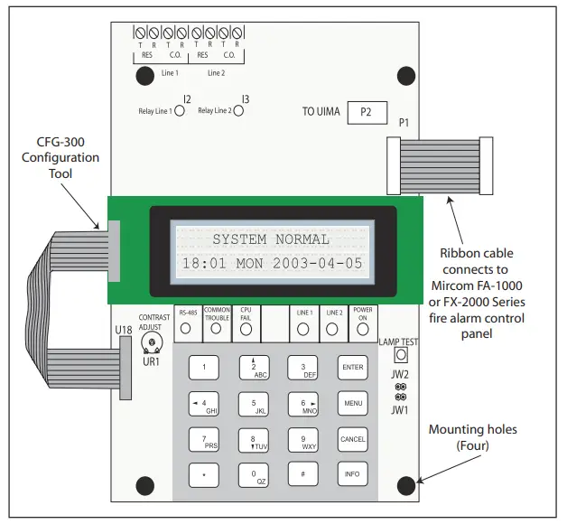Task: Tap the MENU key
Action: click(x=352, y=403)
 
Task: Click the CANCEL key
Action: click(x=352, y=439)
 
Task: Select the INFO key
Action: click(x=352, y=473)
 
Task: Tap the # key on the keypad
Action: click(x=302, y=473)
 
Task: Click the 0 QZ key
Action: click(x=254, y=474)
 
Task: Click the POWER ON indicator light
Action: click(x=363, y=329)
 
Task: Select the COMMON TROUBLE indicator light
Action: click(x=217, y=329)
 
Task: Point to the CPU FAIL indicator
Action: click(x=246, y=329)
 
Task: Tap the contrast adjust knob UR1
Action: click(x=151, y=342)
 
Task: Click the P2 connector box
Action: click(x=366, y=113)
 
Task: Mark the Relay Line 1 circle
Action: click(x=179, y=112)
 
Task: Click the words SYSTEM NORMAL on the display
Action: click(x=271, y=239)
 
